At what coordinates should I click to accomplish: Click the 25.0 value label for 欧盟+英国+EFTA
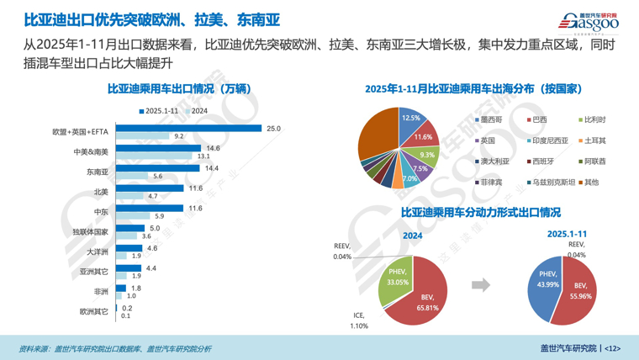pyautogui.click(x=273, y=128)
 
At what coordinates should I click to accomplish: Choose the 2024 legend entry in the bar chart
pyautogui.click(x=195, y=110)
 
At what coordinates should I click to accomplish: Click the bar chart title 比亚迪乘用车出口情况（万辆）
pyautogui.click(x=180, y=88)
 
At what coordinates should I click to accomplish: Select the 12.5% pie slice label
pyautogui.click(x=410, y=119)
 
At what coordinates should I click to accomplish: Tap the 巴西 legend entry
pyautogui.click(x=539, y=120)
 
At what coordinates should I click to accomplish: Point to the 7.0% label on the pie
pyautogui.click(x=409, y=178)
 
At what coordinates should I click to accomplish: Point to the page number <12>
pyautogui.click(x=611, y=347)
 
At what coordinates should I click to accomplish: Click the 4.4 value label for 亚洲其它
pyautogui.click(x=151, y=268)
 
